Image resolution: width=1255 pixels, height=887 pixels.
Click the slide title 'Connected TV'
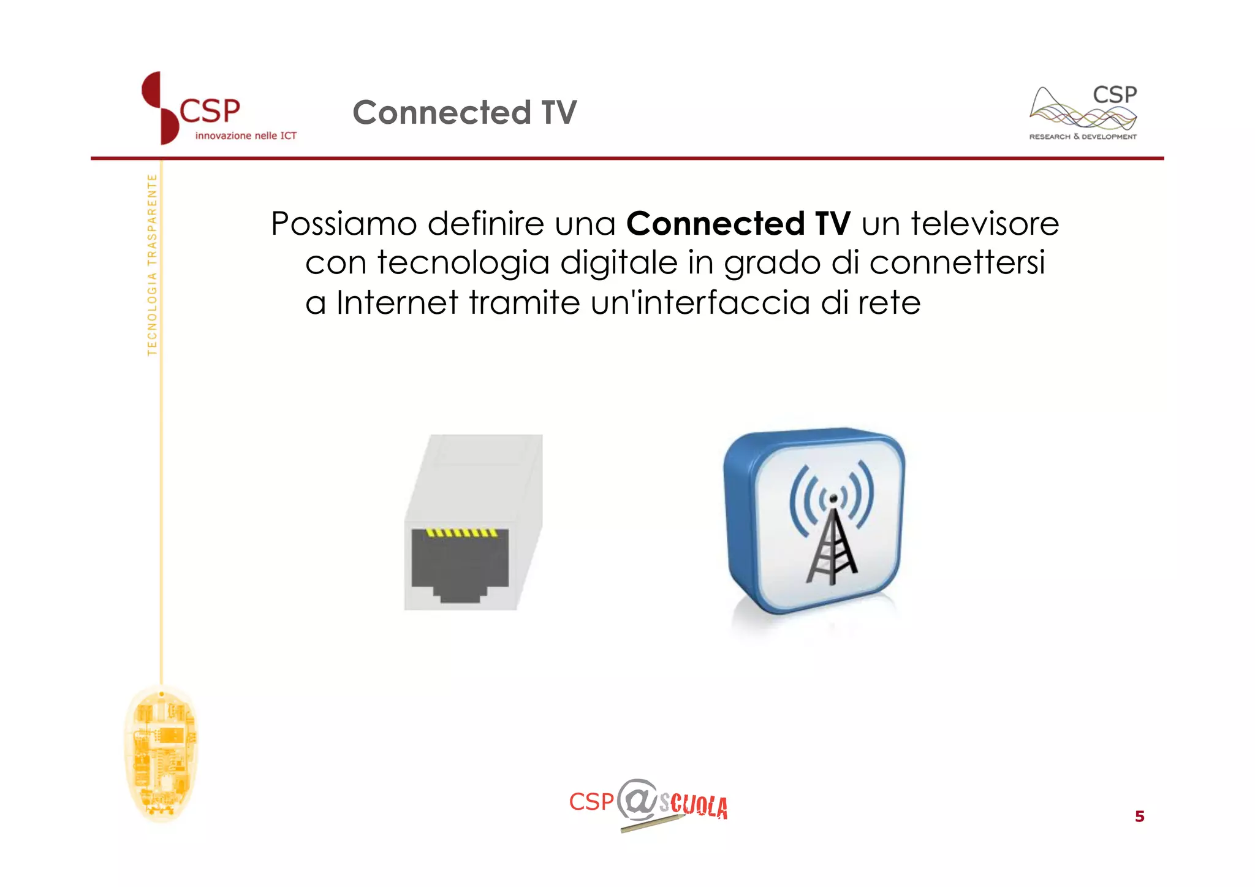(464, 113)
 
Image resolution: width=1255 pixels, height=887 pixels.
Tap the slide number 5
(1139, 817)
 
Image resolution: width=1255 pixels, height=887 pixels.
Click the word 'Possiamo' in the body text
(344, 224)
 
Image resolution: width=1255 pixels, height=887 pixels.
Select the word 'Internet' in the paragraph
(397, 303)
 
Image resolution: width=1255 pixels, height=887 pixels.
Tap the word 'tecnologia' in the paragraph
(463, 263)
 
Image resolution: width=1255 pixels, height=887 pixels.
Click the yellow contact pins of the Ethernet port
(462, 533)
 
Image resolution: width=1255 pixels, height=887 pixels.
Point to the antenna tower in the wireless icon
(831, 546)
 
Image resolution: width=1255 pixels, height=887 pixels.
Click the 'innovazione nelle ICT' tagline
(246, 136)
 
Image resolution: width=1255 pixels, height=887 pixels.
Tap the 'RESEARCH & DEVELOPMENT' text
(1082, 137)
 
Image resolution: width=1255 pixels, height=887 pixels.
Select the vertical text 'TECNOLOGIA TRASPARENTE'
(152, 265)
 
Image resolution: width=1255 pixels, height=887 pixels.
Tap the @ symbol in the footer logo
(638, 800)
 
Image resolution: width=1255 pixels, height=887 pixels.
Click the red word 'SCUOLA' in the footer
(694, 805)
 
